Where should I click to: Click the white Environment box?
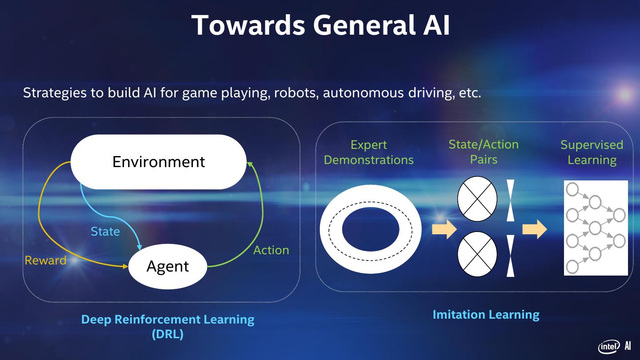coord(159,162)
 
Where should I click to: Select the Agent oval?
coord(168,266)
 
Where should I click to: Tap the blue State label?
coord(105,232)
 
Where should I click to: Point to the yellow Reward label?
coord(45,260)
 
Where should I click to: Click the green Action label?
coord(271,250)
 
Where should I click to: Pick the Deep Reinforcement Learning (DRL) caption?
coord(168,326)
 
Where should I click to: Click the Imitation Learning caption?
coord(486,315)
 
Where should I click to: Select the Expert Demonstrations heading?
coord(368,152)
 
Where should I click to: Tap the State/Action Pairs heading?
coord(484,152)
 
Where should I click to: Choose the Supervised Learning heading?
coord(592,152)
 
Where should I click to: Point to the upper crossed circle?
coord(477,199)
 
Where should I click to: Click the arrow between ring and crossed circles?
coord(444,229)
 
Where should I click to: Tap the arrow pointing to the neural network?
coord(534,229)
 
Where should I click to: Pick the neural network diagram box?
coord(596,228)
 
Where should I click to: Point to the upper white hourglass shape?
coord(510,200)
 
